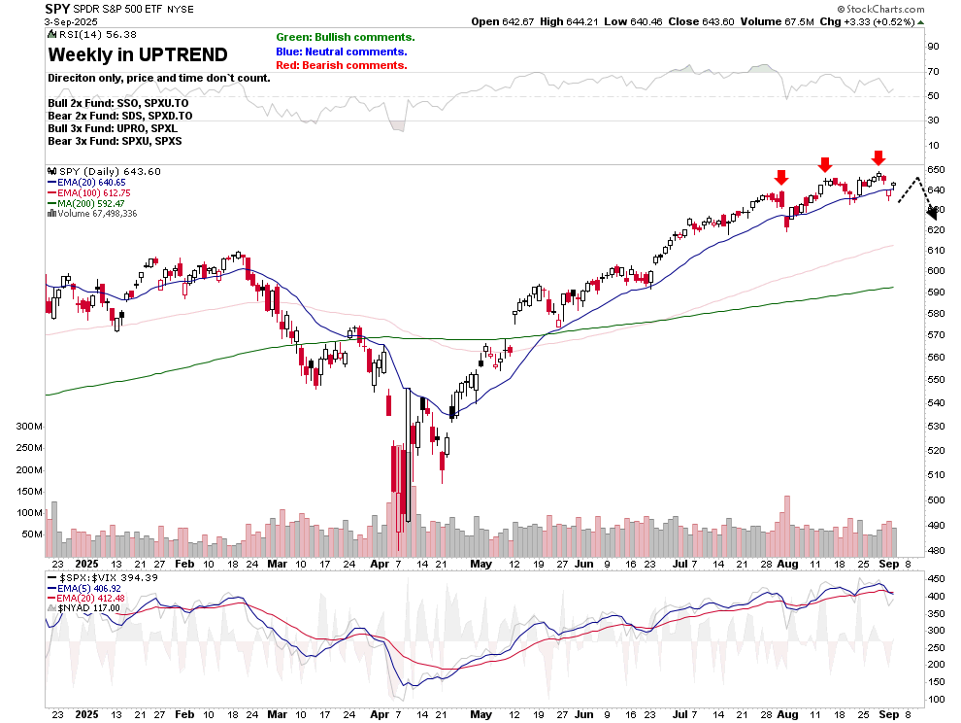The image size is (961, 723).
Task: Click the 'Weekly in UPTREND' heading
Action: coord(138,54)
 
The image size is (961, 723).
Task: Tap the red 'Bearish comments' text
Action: coord(341,65)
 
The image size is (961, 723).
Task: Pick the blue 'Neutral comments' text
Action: coord(341,52)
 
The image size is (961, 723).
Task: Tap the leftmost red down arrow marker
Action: coord(780,177)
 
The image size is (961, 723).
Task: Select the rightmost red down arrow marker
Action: coord(878,157)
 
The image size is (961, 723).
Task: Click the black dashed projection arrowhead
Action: coord(917,212)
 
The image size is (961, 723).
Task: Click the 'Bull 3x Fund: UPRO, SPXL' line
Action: coord(113,128)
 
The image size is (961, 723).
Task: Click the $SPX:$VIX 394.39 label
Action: coord(101,578)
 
